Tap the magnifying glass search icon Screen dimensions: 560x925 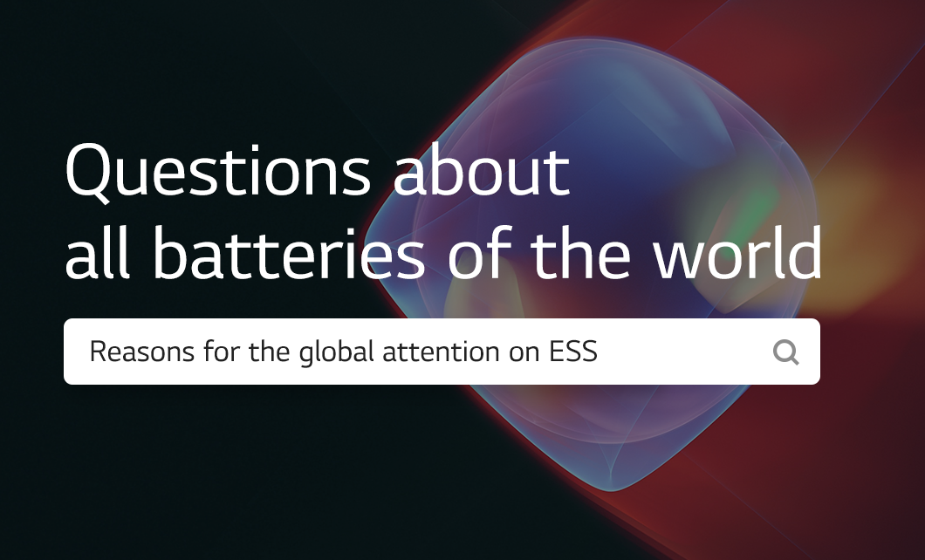[785, 352]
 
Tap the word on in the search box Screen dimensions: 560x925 [522, 352]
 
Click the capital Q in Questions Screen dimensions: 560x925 [88, 172]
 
